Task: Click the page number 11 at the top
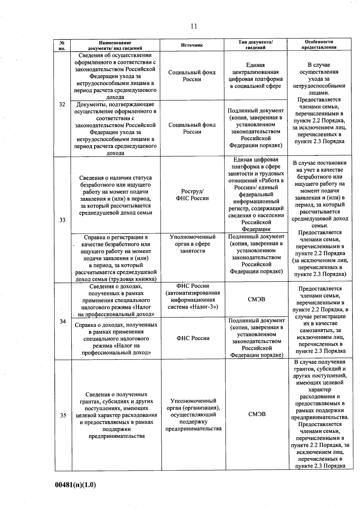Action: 193,26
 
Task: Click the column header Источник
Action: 192,45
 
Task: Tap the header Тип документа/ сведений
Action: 255,45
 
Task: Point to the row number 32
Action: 62,104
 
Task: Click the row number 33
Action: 62,220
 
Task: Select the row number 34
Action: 63,321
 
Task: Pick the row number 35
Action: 63,415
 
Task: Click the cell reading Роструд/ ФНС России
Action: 192,195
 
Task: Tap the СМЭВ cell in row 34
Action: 256,299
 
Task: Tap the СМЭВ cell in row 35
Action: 257,414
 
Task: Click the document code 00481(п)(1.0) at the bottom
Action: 75,485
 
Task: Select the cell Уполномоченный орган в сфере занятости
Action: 192,244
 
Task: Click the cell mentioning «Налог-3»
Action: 193,296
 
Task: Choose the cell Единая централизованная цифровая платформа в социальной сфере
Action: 255,75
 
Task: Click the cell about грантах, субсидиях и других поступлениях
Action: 116,415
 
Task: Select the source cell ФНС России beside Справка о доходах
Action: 193,338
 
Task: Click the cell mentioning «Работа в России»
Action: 256,194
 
